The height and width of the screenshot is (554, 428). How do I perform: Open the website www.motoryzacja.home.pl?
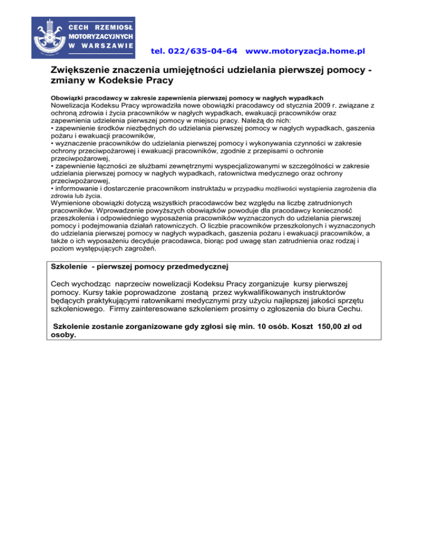(x=305, y=51)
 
